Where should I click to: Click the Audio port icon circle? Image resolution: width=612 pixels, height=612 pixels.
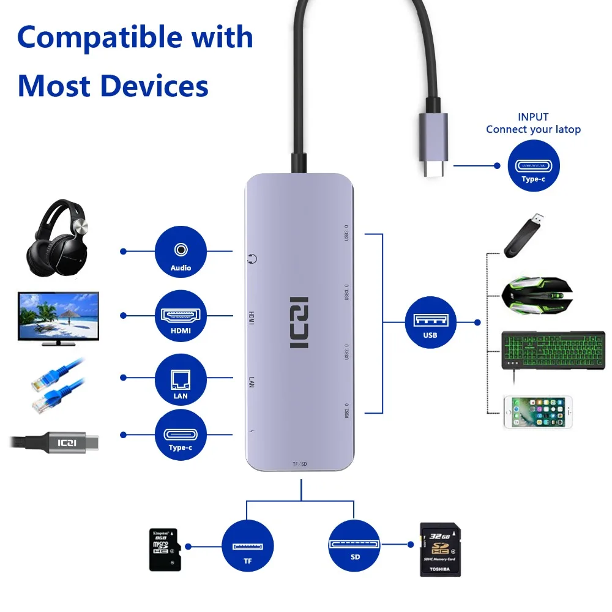pos(181,252)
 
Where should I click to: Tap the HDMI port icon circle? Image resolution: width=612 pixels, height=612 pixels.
pos(181,316)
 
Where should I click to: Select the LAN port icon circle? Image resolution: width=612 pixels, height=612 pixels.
pos(181,380)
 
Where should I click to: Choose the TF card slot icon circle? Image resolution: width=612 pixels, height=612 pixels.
pos(247,546)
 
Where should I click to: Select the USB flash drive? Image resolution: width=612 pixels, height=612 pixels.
pos(524,234)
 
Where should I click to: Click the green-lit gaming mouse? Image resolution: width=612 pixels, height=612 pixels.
pos(537,294)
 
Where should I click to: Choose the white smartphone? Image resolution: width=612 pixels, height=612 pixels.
pos(537,412)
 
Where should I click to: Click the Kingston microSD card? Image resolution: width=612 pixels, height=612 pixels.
pos(163,550)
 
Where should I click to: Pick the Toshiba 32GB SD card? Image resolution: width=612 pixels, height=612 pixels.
pos(440,549)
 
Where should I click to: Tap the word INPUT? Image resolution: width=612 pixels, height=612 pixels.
pos(533,117)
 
